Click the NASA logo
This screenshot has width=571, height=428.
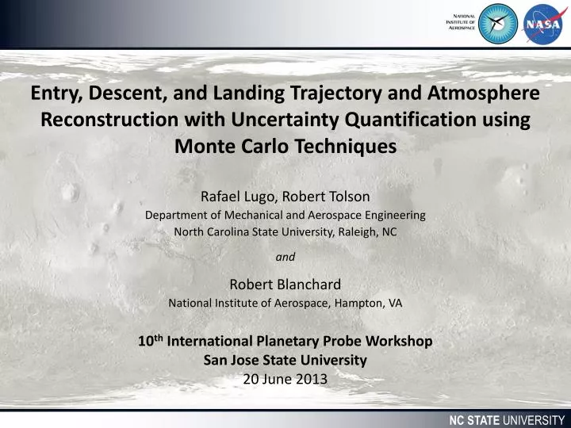(x=542, y=23)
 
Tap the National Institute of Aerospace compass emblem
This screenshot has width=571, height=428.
(x=499, y=23)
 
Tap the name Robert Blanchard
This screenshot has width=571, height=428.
(x=285, y=285)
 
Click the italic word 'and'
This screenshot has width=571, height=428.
(x=285, y=257)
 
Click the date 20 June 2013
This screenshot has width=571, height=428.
(x=285, y=378)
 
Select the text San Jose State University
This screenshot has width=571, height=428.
(x=285, y=360)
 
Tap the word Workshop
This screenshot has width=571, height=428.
(x=400, y=342)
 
